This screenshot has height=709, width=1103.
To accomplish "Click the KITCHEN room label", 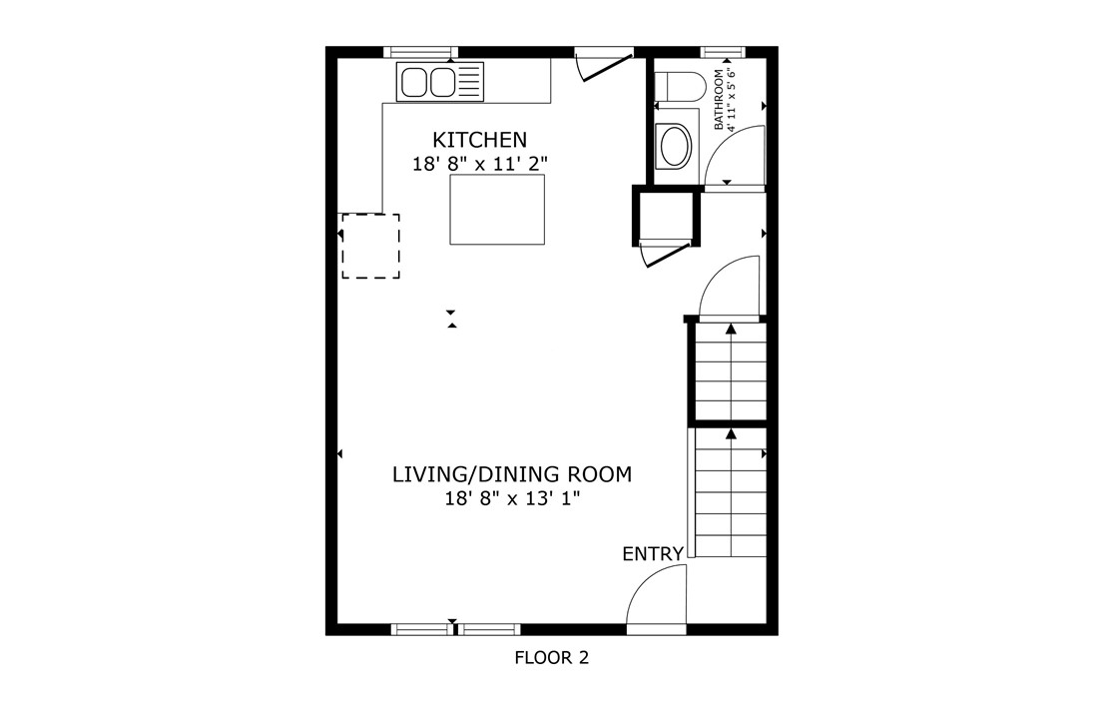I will coord(479,139).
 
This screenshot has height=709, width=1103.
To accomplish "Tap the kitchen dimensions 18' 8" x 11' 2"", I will coord(480,163).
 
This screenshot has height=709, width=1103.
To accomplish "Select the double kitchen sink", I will coord(439,81).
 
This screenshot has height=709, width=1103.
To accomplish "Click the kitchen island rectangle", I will coord(497,210).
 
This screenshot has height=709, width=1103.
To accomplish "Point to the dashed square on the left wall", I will coord(370,246).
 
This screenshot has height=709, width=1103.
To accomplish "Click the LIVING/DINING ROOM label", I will coord(512,474).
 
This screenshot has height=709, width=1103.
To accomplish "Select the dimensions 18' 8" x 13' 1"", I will coord(512,498).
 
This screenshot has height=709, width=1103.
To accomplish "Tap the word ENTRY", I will coord(653,554).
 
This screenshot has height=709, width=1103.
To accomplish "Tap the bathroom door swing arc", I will coord(737,156).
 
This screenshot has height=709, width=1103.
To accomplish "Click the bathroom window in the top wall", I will coord(724,52).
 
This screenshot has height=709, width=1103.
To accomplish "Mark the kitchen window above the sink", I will coord(420,52).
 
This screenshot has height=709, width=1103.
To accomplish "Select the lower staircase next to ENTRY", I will coord(731,493).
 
